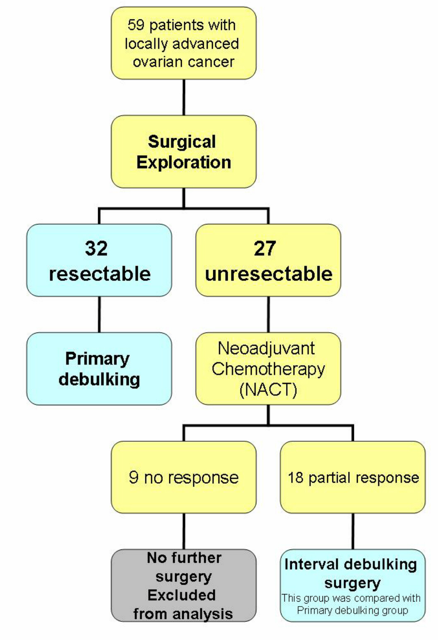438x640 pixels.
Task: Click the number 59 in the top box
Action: pos(136,25)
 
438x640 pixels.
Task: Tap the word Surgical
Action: pos(182,142)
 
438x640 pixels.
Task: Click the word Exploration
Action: pos(184,162)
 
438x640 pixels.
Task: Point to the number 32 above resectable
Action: pos(96,248)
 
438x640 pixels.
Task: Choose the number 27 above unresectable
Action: pos(265,248)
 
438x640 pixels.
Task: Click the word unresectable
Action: pos(269,274)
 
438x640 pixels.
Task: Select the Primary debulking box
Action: pos(99,368)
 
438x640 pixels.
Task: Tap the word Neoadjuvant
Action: pos(266,348)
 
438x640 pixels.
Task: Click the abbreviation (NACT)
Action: pos(268,390)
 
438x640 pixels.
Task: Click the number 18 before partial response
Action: pos(296,478)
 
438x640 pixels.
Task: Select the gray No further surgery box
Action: pos(184,585)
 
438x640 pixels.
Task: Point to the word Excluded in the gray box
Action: pos(182,595)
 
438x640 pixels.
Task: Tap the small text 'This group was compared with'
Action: pos(351,598)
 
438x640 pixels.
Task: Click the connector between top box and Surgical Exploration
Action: pos(184,98)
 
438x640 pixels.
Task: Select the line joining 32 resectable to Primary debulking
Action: pos(99,315)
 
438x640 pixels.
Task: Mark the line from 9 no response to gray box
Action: pos(184,531)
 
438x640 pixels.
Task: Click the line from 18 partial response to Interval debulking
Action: pos(353,531)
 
